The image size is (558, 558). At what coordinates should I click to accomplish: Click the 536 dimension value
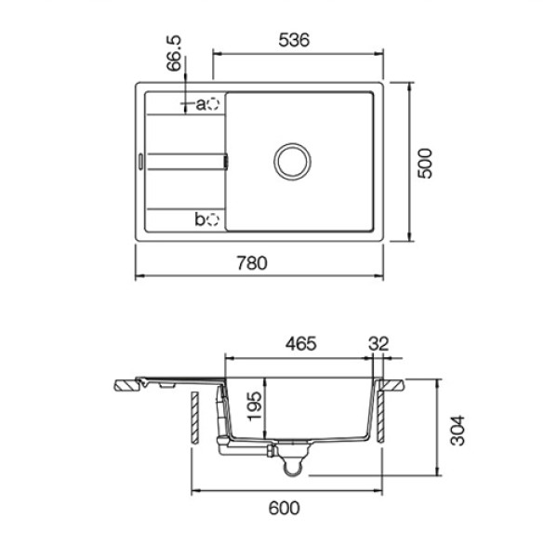294,40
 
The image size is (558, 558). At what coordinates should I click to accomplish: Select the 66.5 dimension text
174,53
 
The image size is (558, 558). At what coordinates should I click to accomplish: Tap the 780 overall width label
252,263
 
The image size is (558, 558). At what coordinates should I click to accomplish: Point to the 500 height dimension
425,164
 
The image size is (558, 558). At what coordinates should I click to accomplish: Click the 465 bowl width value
300,344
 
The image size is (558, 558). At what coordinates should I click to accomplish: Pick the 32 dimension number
379,344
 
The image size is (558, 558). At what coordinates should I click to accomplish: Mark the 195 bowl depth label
254,406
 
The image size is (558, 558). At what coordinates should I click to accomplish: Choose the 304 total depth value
458,431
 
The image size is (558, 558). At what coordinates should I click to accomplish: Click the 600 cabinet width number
284,508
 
